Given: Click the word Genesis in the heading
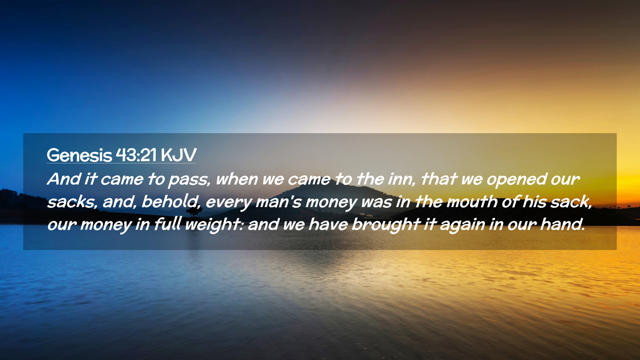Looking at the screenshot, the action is pyautogui.click(x=79, y=155).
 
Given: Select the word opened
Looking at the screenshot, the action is pyautogui.click(x=516, y=180).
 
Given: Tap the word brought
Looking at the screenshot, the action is pyautogui.click(x=386, y=225).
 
